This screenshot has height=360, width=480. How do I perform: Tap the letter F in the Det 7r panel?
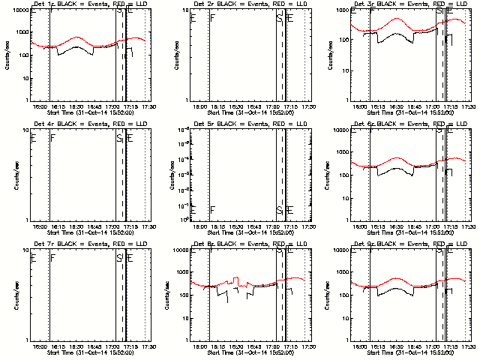(52, 258)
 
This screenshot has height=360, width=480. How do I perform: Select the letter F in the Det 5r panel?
(213, 210)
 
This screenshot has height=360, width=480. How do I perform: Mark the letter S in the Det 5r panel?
(279, 210)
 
